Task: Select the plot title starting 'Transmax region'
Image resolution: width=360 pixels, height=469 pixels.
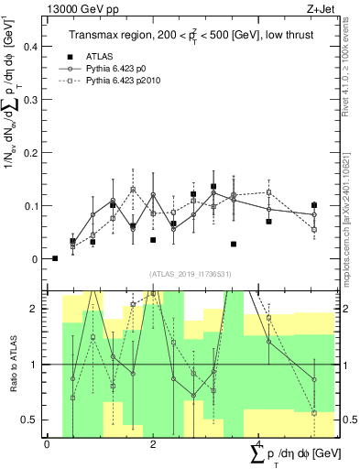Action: [193, 36]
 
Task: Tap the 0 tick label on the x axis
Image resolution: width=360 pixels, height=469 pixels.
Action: [47, 444]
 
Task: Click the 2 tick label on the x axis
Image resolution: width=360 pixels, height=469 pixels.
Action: [153, 444]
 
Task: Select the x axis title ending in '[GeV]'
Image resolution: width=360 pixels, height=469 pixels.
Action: [293, 455]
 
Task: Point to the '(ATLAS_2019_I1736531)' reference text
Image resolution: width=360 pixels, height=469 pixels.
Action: [191, 274]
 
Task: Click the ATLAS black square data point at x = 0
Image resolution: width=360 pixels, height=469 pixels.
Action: [55, 258]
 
